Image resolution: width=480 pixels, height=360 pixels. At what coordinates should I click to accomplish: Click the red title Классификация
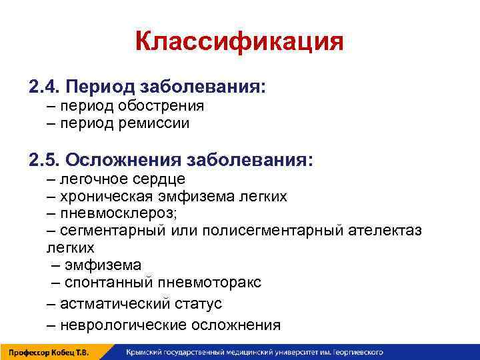point(239,42)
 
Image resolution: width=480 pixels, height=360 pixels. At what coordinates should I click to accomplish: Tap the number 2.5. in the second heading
point(45,160)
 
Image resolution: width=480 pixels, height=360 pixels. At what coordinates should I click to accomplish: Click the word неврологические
point(123,325)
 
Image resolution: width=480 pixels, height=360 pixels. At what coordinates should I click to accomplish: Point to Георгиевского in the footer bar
point(363,352)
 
